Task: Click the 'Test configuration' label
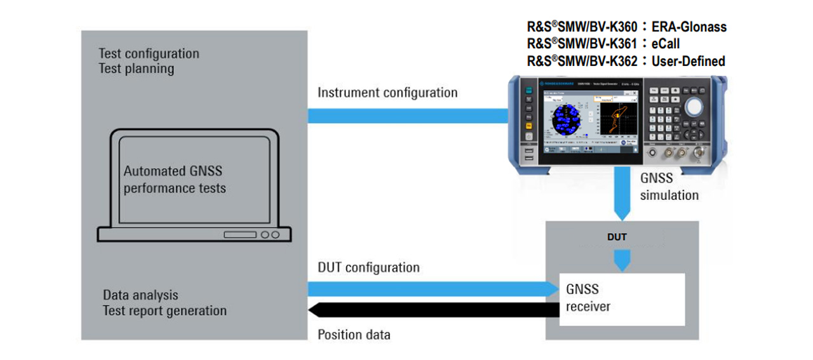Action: [149, 54]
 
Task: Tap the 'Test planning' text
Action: [136, 69]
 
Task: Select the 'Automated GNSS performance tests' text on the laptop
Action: [174, 180]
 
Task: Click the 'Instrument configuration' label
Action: [387, 93]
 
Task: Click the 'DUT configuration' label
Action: [368, 267]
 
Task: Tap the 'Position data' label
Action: [354, 335]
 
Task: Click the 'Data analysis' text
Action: [140, 295]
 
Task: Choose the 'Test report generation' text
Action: [165, 310]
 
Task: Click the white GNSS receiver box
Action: [621, 299]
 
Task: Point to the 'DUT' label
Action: [617, 237]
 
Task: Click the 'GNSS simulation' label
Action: [669, 187]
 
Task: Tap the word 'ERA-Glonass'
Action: [689, 27]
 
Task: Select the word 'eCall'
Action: [666, 44]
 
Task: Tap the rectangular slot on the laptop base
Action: [239, 235]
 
